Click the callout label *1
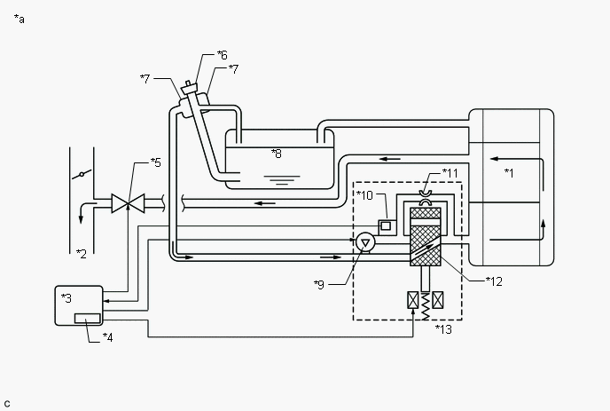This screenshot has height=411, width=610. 509,171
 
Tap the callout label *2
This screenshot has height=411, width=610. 81,254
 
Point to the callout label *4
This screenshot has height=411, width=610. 107,336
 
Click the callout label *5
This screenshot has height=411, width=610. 155,162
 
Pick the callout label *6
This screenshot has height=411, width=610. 222,55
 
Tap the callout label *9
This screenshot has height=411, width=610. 319,284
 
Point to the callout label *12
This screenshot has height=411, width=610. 494,281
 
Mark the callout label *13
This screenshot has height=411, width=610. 443,328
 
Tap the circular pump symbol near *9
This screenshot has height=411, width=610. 364,241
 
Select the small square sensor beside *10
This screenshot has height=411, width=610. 387,225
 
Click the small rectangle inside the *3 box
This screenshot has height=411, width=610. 86,318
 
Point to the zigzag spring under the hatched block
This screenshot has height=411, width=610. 425,304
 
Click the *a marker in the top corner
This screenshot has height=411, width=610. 19,19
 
